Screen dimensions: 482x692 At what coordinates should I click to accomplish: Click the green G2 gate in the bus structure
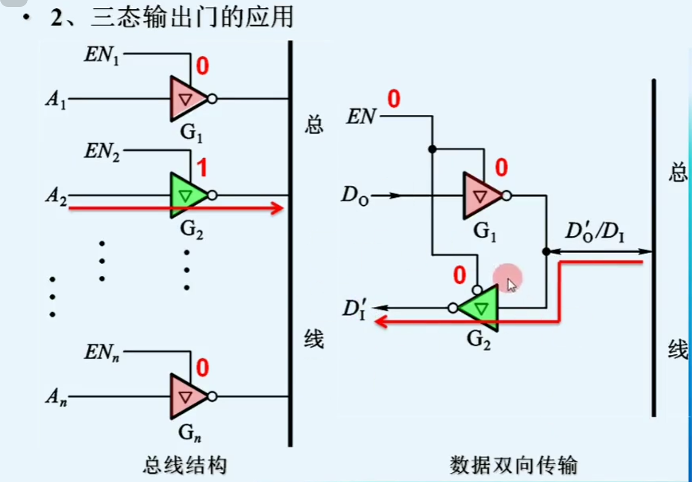click(x=187, y=195)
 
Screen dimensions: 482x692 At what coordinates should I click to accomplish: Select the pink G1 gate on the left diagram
click(x=187, y=98)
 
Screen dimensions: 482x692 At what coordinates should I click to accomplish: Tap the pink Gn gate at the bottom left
click(x=187, y=397)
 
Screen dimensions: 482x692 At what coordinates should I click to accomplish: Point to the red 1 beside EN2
click(x=202, y=168)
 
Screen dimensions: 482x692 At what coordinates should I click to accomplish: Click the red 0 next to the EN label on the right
click(x=394, y=99)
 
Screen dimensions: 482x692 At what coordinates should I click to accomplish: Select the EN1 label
click(x=102, y=55)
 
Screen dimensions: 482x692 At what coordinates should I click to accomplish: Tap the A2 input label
click(x=56, y=195)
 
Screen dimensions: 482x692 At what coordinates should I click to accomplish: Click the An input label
click(x=56, y=397)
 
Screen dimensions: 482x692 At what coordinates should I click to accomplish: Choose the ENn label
click(x=102, y=352)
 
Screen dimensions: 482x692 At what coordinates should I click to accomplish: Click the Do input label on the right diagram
click(x=355, y=195)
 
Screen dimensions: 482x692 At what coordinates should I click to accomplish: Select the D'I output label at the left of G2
click(x=355, y=309)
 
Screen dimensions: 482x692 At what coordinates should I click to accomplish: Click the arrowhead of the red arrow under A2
click(x=278, y=208)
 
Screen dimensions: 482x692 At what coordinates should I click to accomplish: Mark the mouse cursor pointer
click(x=511, y=285)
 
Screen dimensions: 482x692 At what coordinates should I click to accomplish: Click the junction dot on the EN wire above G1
click(x=432, y=149)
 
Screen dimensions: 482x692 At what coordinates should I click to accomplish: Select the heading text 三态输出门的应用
click(x=193, y=18)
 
